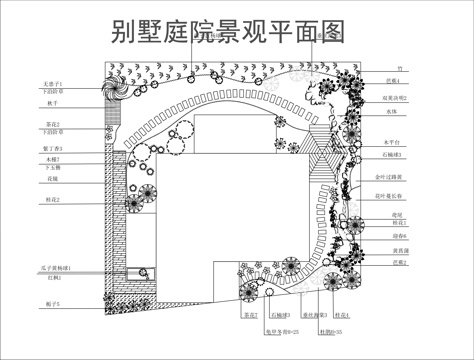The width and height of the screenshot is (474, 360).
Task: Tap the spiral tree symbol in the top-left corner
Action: click(117, 88)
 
